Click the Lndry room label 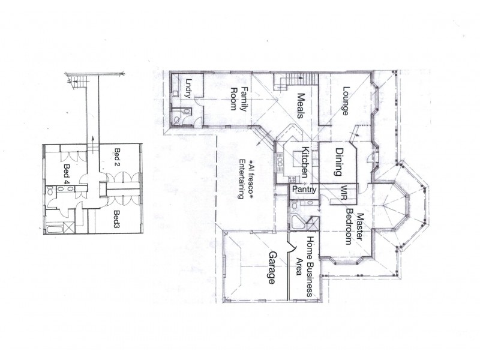pyautogui.click(x=188, y=88)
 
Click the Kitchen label pyautogui.click(x=305, y=163)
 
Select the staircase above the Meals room pyautogui.click(x=294, y=80)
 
